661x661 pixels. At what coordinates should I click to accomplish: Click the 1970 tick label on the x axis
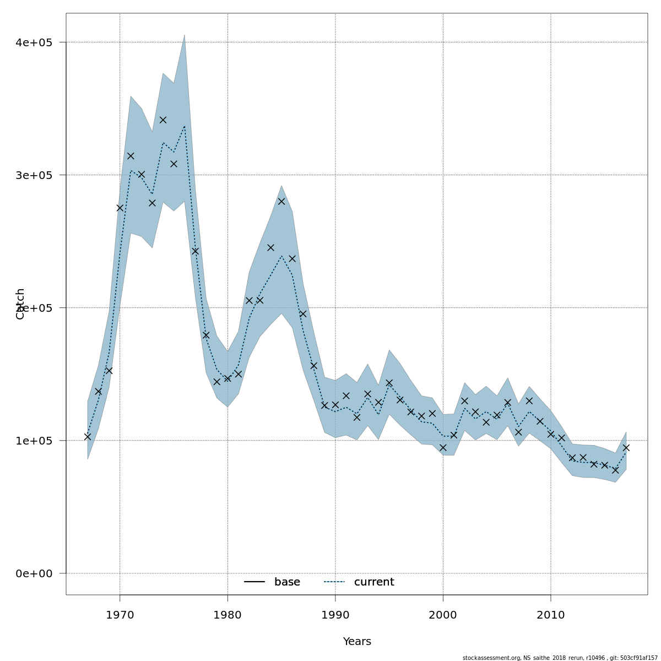[120, 615]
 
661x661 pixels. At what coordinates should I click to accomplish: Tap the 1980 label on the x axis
[227, 615]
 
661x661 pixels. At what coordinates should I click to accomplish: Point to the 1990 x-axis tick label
[335, 615]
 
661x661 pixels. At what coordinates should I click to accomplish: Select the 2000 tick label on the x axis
[443, 615]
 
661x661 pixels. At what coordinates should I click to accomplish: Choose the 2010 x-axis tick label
[551, 615]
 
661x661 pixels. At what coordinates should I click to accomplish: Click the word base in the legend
[287, 582]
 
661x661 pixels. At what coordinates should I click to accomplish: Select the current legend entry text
[374, 582]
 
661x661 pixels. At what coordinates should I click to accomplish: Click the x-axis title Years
[357, 642]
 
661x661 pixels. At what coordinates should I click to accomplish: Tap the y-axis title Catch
[20, 304]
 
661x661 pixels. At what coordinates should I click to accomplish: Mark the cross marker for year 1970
[120, 208]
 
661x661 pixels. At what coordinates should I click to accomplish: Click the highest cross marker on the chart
[163, 120]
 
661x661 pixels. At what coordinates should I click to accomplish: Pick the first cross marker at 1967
[88, 437]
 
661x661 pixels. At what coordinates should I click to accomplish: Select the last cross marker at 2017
[626, 448]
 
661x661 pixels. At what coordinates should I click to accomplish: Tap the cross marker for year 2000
[443, 447]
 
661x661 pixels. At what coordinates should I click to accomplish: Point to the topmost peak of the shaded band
[185, 35]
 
